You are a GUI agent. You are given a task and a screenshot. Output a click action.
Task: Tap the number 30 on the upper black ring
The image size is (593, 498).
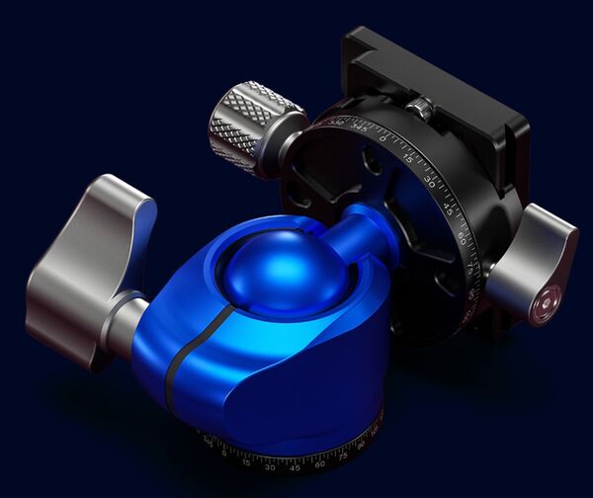click(x=430, y=181)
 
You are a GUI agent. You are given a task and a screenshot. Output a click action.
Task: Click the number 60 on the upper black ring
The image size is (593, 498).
click(x=462, y=237)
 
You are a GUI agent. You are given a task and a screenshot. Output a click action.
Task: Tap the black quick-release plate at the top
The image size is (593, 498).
click(x=435, y=74)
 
